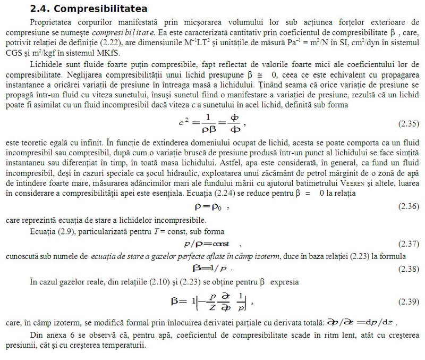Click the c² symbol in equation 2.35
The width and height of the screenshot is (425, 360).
click(184, 122)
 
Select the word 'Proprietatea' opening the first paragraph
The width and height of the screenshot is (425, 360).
click(54, 23)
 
